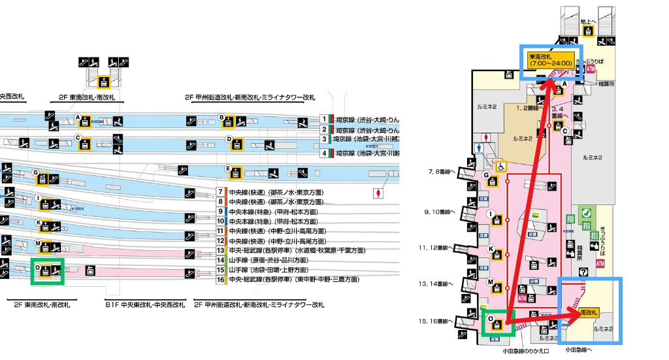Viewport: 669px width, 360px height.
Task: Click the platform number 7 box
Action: coord(221,193)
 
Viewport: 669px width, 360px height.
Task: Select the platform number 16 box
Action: coord(221,279)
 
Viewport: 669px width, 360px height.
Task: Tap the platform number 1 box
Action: coord(324,120)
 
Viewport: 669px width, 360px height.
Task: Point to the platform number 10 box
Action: coord(221,221)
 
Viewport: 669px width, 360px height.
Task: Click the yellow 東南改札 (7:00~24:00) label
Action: coord(551,59)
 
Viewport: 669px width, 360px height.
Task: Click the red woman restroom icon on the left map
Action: coord(378,193)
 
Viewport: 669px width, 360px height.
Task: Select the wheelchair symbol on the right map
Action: coord(500,167)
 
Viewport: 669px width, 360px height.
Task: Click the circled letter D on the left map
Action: coord(229,139)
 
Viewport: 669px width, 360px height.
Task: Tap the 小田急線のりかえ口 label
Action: coord(525,351)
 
